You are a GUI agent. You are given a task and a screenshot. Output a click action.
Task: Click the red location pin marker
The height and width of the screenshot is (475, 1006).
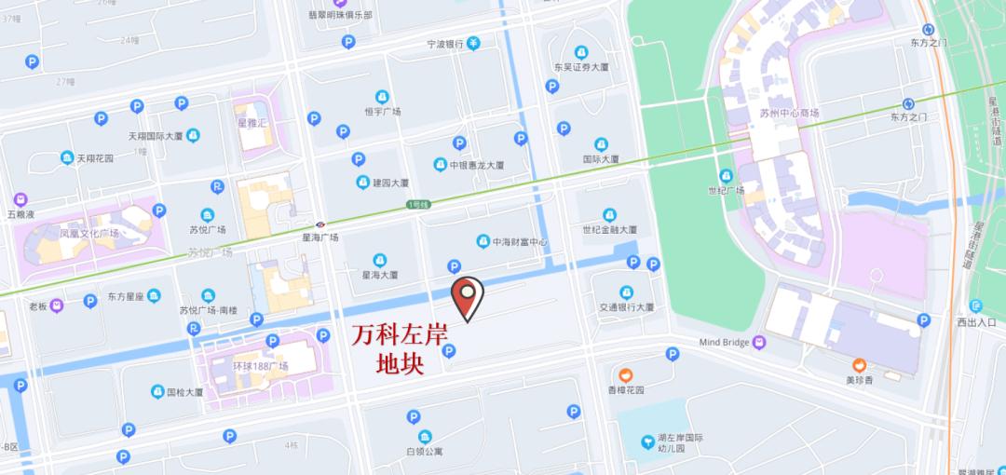coord(467,297)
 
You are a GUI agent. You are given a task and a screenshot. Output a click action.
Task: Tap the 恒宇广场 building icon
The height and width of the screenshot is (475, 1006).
coord(382,97)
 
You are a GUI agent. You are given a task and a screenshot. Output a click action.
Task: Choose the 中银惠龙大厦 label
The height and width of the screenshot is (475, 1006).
coord(476,165)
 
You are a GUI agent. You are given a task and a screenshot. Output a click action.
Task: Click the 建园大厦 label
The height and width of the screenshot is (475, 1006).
coord(389,183)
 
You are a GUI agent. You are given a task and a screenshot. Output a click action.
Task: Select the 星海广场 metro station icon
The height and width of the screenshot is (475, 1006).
coord(319,224)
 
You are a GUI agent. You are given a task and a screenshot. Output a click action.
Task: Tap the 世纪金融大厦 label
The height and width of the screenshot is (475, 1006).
coord(609,229)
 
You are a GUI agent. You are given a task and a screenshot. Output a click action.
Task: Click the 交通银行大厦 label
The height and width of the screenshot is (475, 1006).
coord(626,306)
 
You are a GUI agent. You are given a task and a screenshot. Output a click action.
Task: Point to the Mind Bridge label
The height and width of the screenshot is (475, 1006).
coord(724,343)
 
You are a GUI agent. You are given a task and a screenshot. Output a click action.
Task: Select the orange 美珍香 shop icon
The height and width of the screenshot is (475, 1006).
coord(859,363)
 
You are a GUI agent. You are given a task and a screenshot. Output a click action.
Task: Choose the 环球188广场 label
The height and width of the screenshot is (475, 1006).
coord(260,366)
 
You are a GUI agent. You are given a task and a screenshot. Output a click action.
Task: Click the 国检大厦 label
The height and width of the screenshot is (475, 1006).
coord(184,392)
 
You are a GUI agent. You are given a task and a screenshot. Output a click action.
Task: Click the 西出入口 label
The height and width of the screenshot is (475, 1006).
coord(976,322)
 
